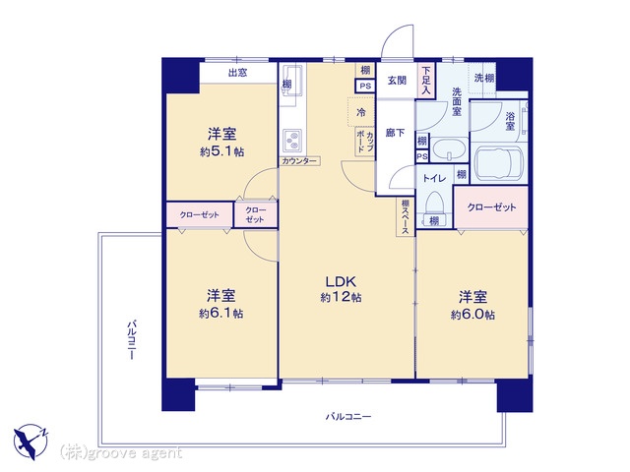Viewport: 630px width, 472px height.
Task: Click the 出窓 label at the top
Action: (x=236, y=73)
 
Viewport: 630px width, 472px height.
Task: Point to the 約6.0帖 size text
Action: (x=472, y=314)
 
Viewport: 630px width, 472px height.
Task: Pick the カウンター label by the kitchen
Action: (x=298, y=160)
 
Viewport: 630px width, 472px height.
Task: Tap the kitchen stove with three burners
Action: (x=293, y=138)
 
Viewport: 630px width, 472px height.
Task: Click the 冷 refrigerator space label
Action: (x=361, y=113)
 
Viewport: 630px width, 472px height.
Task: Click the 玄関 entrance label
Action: (x=396, y=82)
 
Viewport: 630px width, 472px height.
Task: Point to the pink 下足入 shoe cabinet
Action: (x=425, y=80)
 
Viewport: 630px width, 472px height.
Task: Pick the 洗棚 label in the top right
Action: (x=484, y=79)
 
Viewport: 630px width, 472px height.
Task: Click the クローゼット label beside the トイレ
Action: (x=491, y=207)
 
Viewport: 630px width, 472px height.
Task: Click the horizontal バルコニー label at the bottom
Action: (x=348, y=418)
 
